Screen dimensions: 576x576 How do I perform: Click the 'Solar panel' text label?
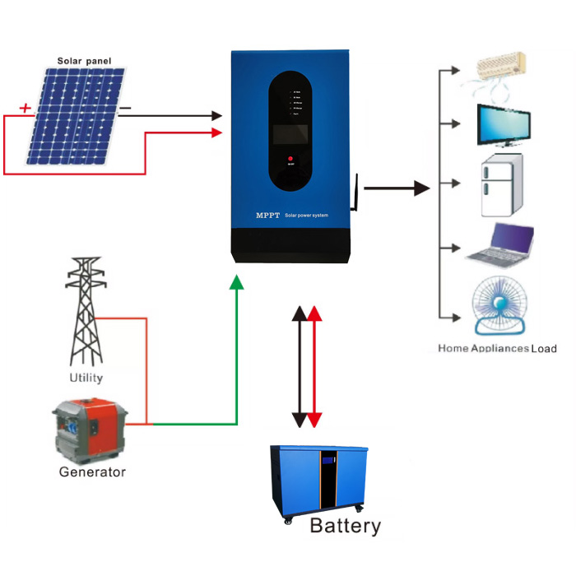coord(84,61)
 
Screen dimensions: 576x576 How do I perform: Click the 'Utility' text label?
coord(86,378)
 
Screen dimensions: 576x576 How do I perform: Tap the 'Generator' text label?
coord(92,472)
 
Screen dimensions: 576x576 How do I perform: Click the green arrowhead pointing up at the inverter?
coord(237,282)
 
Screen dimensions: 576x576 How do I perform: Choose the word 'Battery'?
coord(345,527)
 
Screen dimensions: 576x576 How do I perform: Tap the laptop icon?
coord(502,244)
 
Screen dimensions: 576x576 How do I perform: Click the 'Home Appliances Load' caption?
coord(497,349)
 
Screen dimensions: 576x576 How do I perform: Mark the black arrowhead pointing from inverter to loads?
coord(422,188)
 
